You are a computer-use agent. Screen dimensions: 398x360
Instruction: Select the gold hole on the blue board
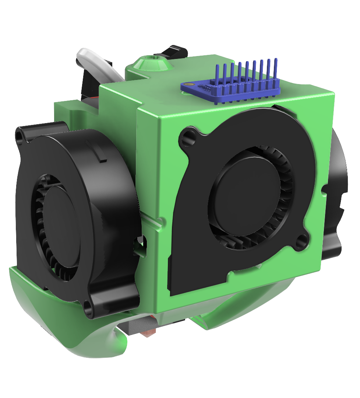click(x=189, y=84)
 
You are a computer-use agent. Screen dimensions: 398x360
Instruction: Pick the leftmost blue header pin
click(x=218, y=79)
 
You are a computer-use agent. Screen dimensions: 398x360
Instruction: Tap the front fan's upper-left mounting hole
click(x=188, y=136)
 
